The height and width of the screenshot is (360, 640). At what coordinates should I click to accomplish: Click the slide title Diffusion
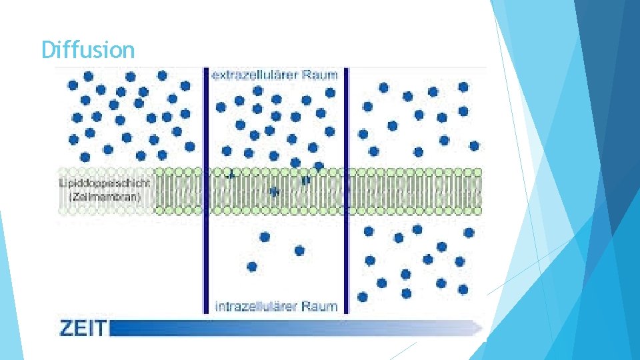point(87,49)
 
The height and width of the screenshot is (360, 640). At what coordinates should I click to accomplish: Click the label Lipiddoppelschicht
point(105,183)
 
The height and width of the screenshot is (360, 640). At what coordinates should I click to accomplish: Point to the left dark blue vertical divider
point(207,190)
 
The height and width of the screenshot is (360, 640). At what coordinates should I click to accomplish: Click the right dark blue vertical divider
point(347,190)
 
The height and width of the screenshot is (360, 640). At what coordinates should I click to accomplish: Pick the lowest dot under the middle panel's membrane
point(252,267)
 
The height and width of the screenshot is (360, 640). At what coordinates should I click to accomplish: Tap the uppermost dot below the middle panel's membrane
point(265,237)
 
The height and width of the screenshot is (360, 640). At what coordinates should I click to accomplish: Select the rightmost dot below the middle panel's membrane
point(299,251)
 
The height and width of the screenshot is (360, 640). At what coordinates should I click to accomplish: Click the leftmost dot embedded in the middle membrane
point(231,175)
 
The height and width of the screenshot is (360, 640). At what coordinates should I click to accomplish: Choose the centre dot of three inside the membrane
point(273,191)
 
